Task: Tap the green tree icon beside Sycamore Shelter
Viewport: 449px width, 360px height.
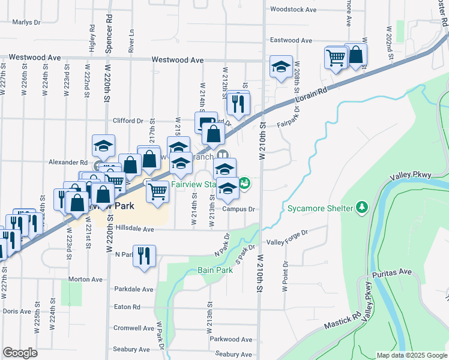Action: coord(362,208)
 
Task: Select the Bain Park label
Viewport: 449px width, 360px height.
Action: coord(215,271)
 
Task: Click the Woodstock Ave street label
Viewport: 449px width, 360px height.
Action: coord(293,10)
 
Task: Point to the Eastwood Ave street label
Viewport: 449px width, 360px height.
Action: coord(291,40)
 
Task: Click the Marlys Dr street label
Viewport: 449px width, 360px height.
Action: coord(26,22)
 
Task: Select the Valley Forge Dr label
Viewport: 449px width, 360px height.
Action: coord(287,242)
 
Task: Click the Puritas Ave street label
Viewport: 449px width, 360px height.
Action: coord(396,272)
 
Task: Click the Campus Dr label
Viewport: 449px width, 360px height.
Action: coord(239,209)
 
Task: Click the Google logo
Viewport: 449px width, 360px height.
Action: coord(20,353)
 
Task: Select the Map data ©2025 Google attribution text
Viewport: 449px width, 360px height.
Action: coord(412,355)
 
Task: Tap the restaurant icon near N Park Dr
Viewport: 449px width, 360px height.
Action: coord(145,254)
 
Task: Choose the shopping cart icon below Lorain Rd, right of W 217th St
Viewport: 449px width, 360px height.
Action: coord(157,192)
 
